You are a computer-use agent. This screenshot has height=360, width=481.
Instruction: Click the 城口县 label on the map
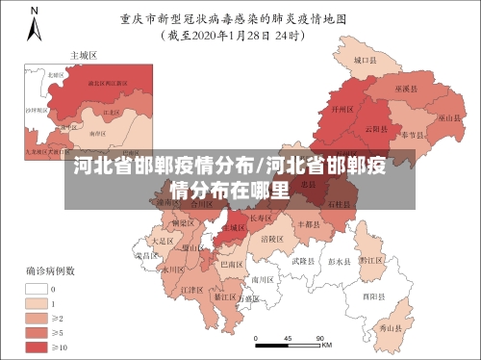[x=363, y=60]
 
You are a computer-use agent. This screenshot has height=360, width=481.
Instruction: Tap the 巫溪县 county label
[x=404, y=90]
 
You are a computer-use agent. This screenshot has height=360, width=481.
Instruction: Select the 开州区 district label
[x=339, y=110]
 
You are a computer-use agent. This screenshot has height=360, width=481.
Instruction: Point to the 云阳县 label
[x=376, y=129]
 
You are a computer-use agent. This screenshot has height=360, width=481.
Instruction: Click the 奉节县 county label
[x=415, y=134]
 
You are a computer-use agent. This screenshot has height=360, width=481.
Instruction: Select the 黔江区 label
[x=371, y=259]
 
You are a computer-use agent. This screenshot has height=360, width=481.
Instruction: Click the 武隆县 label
[x=303, y=261]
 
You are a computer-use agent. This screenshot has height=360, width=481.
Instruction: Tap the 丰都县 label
[x=310, y=223]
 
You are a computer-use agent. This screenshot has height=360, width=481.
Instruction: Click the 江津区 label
[x=192, y=289]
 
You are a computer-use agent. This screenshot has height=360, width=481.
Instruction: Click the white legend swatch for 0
[x=38, y=288]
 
